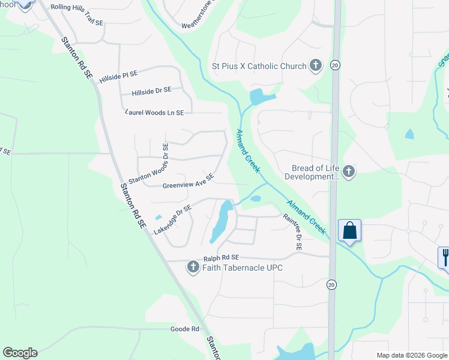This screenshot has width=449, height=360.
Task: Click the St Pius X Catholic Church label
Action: [259, 66]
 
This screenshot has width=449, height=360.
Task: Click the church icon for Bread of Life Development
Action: [348, 172]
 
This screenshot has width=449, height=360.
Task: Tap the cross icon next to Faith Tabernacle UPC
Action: [193, 267]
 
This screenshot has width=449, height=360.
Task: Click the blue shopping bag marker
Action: [349, 231]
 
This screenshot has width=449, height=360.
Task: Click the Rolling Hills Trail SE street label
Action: [77, 13]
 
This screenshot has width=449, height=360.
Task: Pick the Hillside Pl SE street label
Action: [118, 76]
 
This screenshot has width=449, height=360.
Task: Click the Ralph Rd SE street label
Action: [221, 259]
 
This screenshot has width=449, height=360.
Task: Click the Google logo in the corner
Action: [20, 353]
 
